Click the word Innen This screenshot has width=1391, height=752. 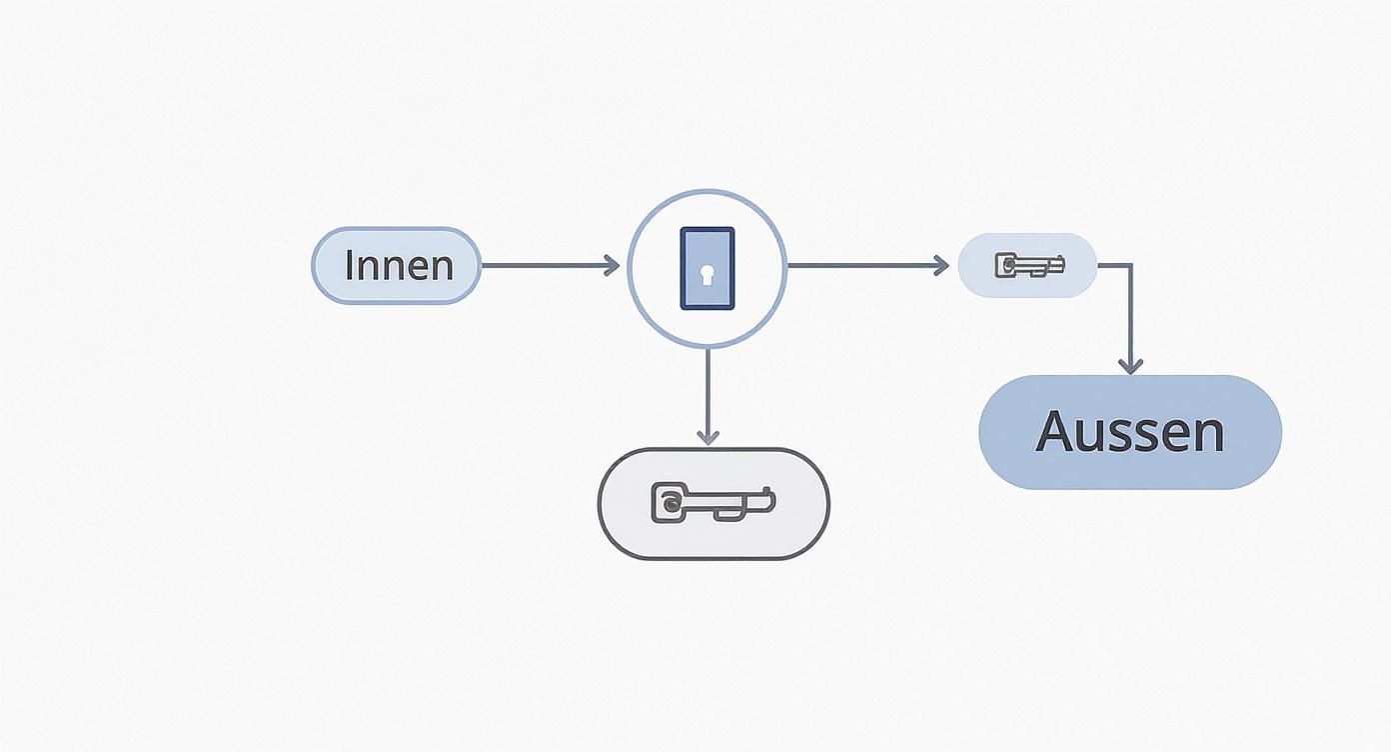pos(398,266)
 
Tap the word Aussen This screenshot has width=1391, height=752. pos(1129,432)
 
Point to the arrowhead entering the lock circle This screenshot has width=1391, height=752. pos(612,265)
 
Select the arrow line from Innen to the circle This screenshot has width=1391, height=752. pos(545,265)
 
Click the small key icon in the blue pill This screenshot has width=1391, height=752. pos(1029,265)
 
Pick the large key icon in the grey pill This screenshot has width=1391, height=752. pos(712,502)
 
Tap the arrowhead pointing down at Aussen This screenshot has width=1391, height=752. pos(1130,366)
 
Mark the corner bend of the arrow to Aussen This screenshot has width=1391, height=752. pos(1130,265)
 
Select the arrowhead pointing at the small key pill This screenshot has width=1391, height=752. pos(940,265)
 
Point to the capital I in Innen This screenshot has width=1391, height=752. pos(348,266)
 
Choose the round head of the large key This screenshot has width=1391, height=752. pos(669,502)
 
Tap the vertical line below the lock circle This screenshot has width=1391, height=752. pos(707,390)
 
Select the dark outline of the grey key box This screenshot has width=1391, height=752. pos(600,503)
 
